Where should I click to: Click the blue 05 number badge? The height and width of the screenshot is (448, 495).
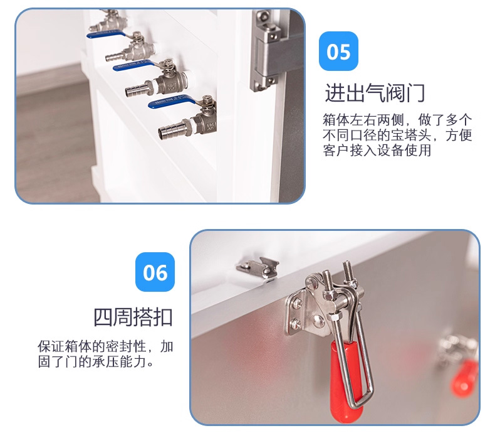[x=338, y=51]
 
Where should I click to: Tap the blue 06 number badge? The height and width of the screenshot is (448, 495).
[x=155, y=272]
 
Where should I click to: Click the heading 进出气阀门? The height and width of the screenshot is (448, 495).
[x=375, y=93]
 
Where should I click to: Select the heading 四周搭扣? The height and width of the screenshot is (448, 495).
[x=133, y=317]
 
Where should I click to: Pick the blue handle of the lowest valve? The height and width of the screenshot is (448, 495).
[x=172, y=102]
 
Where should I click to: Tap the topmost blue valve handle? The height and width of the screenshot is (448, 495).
[x=106, y=34]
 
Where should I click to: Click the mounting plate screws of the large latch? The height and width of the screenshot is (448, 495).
[x=297, y=314]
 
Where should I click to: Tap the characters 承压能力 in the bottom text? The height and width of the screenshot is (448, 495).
[x=120, y=361]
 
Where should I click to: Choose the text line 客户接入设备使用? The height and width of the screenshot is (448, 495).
[x=377, y=150]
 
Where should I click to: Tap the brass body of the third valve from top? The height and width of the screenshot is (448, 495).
[x=172, y=83]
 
